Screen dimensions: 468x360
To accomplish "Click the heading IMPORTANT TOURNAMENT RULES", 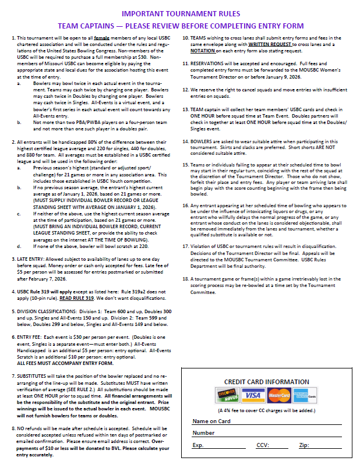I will [179, 12].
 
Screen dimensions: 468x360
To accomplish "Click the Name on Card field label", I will [212, 421].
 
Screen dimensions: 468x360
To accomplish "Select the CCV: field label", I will [263, 445].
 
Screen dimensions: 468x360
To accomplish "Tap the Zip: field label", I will [303, 445].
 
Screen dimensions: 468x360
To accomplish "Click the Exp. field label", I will [199, 445].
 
